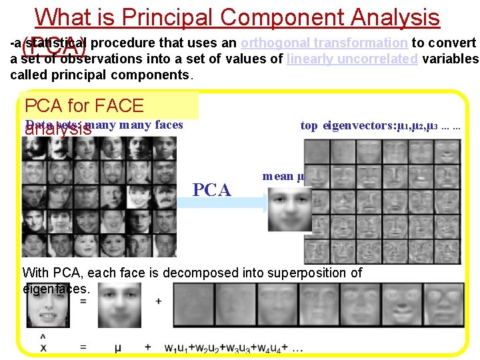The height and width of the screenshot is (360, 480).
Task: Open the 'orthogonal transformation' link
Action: (324, 43)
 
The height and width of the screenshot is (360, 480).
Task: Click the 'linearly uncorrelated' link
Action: (353, 59)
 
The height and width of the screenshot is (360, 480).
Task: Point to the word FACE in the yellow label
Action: (120, 105)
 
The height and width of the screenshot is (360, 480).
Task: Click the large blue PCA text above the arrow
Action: (212, 189)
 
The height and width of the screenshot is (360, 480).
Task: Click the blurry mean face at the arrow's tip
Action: (289, 208)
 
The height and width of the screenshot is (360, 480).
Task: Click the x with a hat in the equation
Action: (43, 345)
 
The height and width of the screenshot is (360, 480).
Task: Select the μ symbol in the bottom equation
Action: (117, 347)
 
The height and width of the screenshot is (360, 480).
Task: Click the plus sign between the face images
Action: (159, 301)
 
